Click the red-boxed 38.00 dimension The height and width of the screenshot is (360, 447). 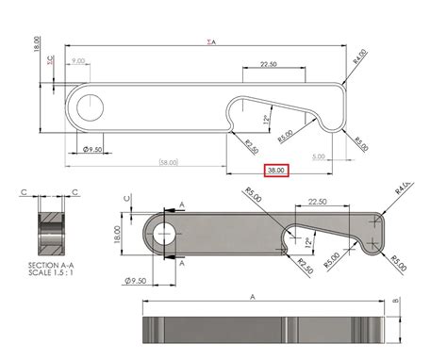[276, 171]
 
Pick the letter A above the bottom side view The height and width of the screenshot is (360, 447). [252, 295]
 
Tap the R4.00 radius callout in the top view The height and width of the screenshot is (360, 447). [358, 56]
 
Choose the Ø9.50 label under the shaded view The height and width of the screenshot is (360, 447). [137, 280]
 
